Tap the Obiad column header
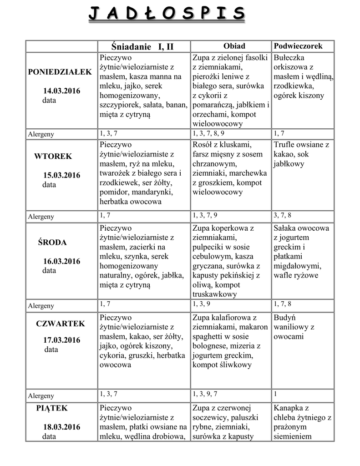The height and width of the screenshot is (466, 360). pyautogui.click(x=234, y=46)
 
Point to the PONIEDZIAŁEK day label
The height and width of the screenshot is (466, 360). pyautogui.click(x=60, y=72)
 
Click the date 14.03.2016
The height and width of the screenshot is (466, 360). pyautogui.click(x=62, y=91)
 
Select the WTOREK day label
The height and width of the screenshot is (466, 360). pyautogui.click(x=53, y=157)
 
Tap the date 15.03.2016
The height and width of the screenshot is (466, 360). pyautogui.click(x=62, y=175)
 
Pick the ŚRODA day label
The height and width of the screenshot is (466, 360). pyautogui.click(x=52, y=243)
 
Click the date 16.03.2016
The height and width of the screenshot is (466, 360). pyautogui.click(x=62, y=261)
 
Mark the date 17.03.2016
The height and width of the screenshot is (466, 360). pyautogui.click(x=62, y=340)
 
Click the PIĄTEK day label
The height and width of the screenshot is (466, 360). pyautogui.click(x=52, y=408)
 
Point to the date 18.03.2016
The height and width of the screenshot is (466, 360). pyautogui.click(x=62, y=427)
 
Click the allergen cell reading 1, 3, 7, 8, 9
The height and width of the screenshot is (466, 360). pyautogui.click(x=208, y=133)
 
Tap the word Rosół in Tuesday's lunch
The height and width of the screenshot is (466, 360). pyautogui.click(x=202, y=145)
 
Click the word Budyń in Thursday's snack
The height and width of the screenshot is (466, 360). pyautogui.click(x=285, y=317)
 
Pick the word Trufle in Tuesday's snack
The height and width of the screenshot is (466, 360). pyautogui.click(x=285, y=145)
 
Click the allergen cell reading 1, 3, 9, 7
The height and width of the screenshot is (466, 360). pyautogui.click(x=205, y=394)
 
